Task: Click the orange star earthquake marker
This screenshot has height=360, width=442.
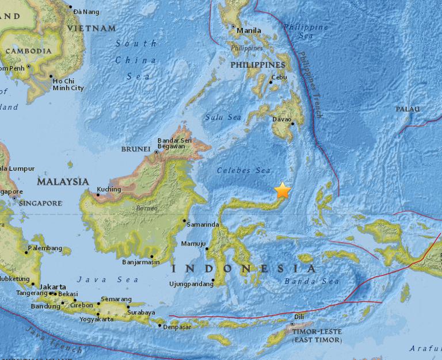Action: point(283,190)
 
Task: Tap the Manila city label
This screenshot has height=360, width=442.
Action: point(249,31)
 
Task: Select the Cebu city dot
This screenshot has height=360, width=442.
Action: point(270,82)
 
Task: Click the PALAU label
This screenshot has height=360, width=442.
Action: point(407,109)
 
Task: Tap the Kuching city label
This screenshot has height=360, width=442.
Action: point(109,189)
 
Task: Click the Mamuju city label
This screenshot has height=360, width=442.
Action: point(193,244)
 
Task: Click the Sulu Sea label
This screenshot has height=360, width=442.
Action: point(223,117)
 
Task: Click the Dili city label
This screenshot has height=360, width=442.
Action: point(299,316)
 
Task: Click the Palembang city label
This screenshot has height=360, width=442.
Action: point(44,248)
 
